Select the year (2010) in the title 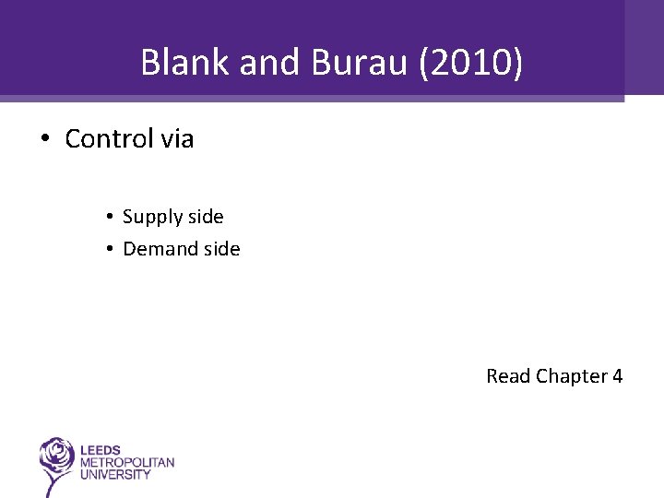pyautogui.click(x=470, y=63)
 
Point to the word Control pyautogui.click(x=109, y=139)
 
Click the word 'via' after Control pyautogui.click(x=176, y=139)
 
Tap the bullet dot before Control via pyautogui.click(x=43, y=139)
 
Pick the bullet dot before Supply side pyautogui.click(x=108, y=217)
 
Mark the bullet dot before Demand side pyautogui.click(x=108, y=249)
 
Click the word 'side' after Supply pyautogui.click(x=205, y=217)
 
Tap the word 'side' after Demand pyautogui.click(x=221, y=249)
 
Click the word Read pyautogui.click(x=508, y=376)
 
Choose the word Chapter pyautogui.click(x=572, y=376)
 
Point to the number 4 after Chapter pyautogui.click(x=617, y=376)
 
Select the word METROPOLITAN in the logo pyautogui.click(x=127, y=463)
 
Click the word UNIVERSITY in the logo pyautogui.click(x=115, y=474)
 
